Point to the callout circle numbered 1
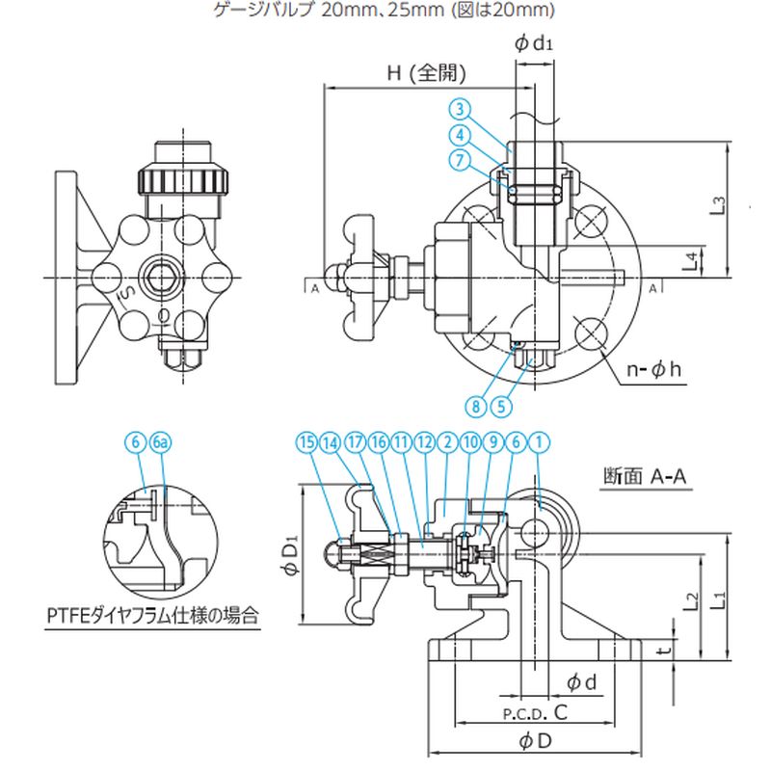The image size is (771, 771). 542,442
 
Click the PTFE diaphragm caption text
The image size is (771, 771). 155,614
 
